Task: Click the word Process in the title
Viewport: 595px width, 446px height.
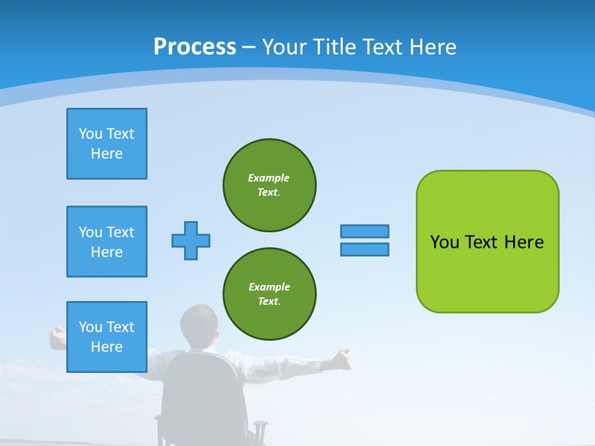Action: [x=195, y=46]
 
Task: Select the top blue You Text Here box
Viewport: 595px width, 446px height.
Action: [x=107, y=144]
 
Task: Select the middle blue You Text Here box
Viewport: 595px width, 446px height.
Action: [x=107, y=242]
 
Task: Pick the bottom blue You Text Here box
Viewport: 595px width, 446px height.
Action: [x=107, y=337]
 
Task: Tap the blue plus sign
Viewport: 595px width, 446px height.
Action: [x=191, y=240]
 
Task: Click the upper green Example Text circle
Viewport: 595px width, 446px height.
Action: [x=270, y=185]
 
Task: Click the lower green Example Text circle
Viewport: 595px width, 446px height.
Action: [x=270, y=294]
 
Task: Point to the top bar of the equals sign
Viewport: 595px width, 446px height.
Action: [x=364, y=231]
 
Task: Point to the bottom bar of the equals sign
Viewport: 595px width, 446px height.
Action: [x=364, y=249]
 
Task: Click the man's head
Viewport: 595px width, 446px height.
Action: [x=200, y=325]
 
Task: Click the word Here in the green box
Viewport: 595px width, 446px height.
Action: [x=524, y=242]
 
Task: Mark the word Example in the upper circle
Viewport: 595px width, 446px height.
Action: [x=268, y=178]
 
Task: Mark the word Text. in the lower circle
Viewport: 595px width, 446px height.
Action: [x=269, y=301]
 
